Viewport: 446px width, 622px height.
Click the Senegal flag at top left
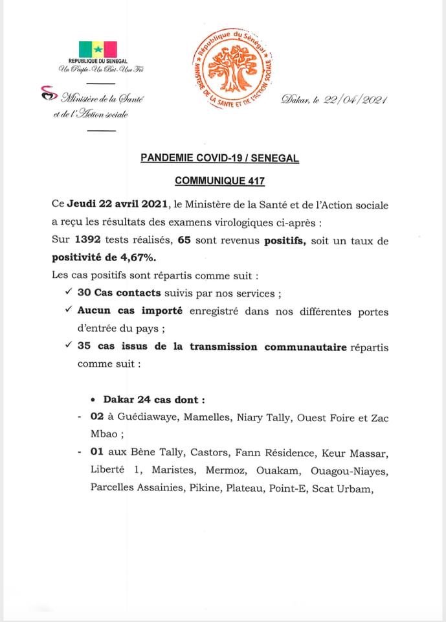[x=98, y=49]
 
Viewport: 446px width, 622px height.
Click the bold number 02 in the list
[x=98, y=418]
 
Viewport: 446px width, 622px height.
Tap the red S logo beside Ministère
[x=48, y=95]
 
